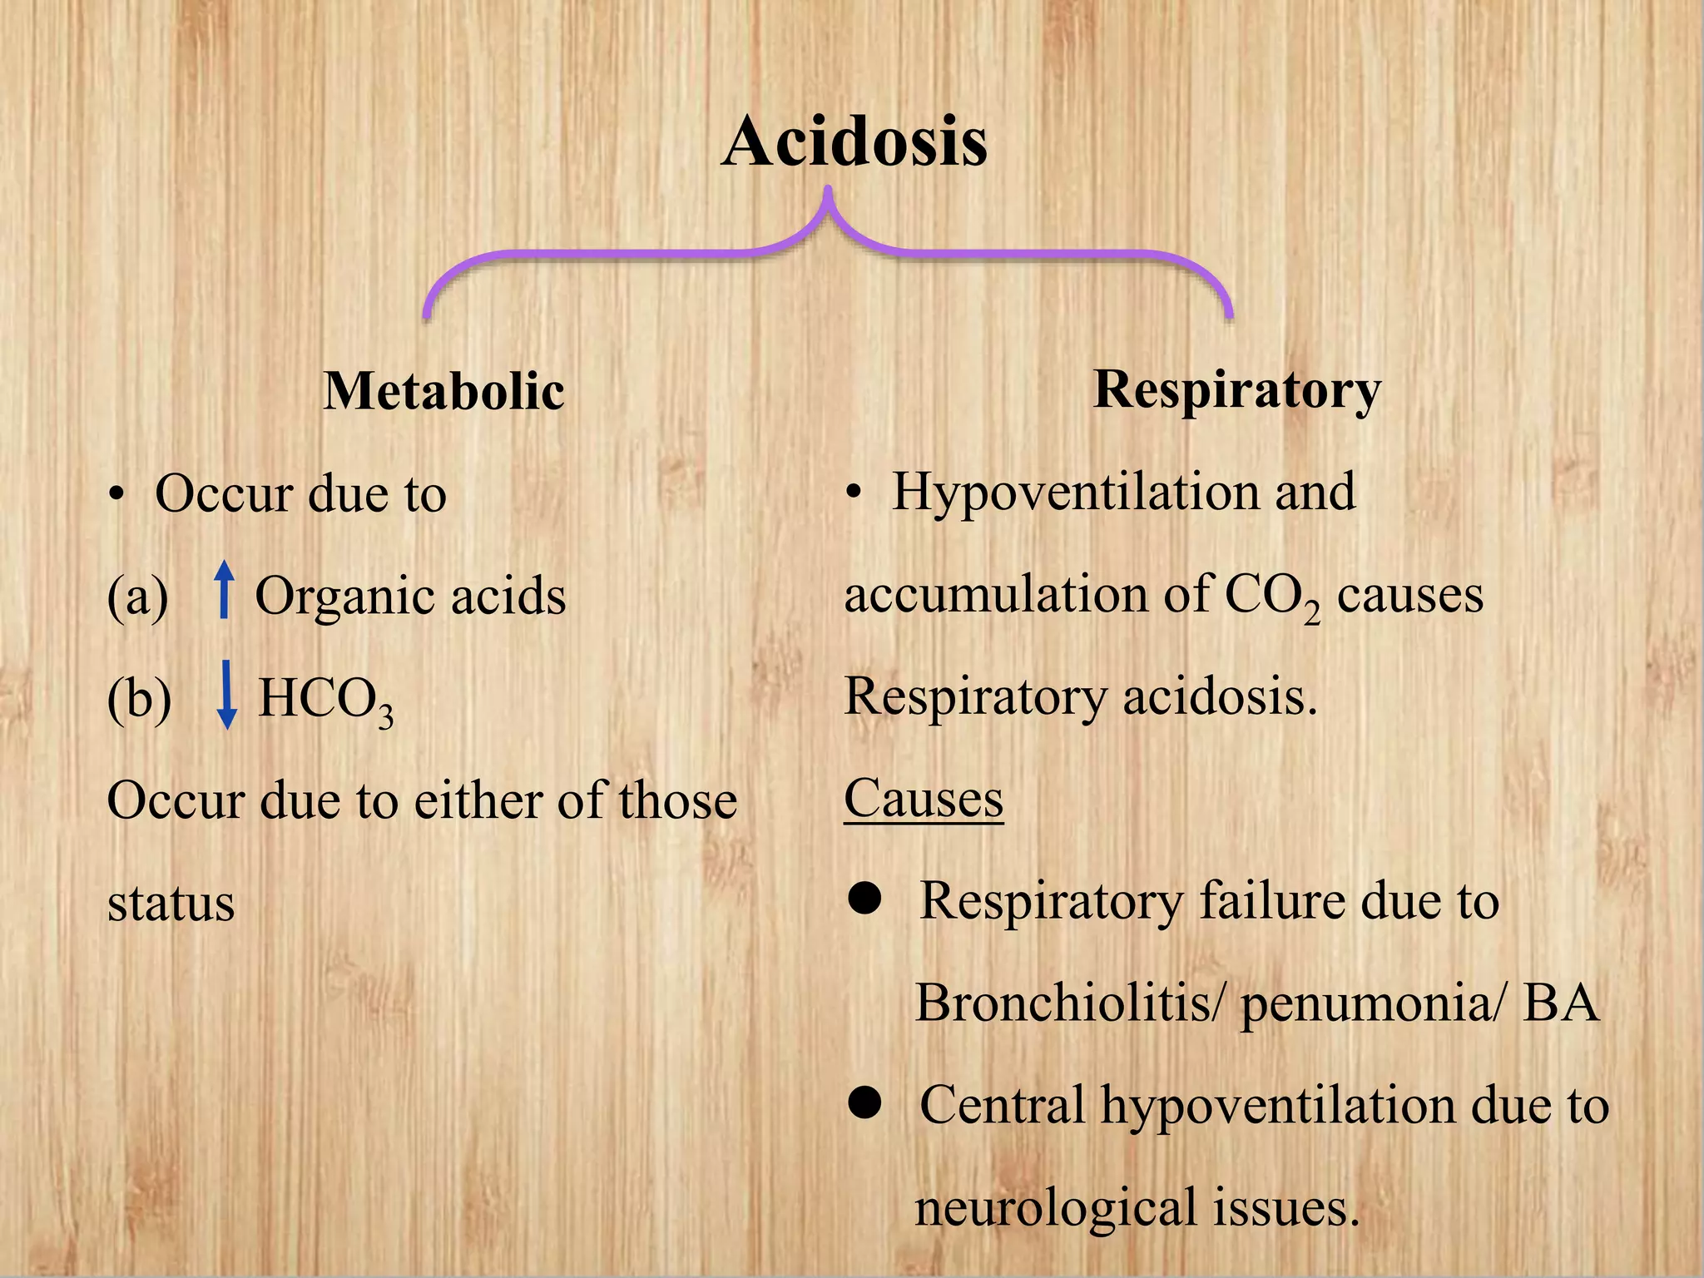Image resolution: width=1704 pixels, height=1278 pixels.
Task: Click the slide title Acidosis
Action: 854,141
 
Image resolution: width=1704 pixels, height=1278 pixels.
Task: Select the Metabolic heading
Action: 443,390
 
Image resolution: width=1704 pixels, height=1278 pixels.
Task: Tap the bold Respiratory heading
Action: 1236,389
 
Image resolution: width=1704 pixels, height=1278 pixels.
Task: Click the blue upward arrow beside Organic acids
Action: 223,589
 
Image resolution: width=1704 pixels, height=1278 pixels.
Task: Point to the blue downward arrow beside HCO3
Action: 225,695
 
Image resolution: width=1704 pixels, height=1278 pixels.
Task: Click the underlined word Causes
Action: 924,799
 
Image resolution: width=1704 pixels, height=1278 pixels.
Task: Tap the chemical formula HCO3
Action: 325,699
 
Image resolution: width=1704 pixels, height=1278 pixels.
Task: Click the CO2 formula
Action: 1271,597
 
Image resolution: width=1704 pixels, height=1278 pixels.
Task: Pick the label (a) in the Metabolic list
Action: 137,597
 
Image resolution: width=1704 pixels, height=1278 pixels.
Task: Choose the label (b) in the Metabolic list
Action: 139,699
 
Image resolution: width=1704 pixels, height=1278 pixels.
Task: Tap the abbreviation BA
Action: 1561,1003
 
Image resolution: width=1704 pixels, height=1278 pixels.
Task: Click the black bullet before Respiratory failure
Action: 865,899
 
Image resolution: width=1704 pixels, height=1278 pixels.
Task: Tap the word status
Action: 171,904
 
